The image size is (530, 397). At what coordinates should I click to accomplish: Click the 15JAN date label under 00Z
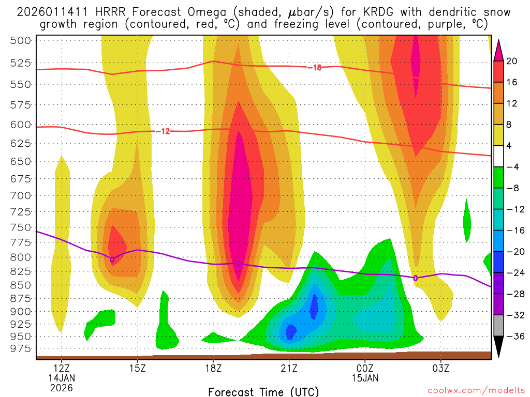[365, 378]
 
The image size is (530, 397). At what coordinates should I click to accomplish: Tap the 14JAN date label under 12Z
[62, 378]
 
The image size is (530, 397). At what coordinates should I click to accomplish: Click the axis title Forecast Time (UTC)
[263, 391]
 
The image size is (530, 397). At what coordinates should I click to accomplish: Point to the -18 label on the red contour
[314, 67]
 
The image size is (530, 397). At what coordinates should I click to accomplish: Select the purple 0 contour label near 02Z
[415, 278]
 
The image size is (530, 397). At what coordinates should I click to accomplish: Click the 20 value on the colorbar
[512, 61]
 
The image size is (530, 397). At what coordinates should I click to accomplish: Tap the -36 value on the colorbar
[514, 337]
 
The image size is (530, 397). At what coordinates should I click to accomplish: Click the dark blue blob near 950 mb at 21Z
[290, 330]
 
